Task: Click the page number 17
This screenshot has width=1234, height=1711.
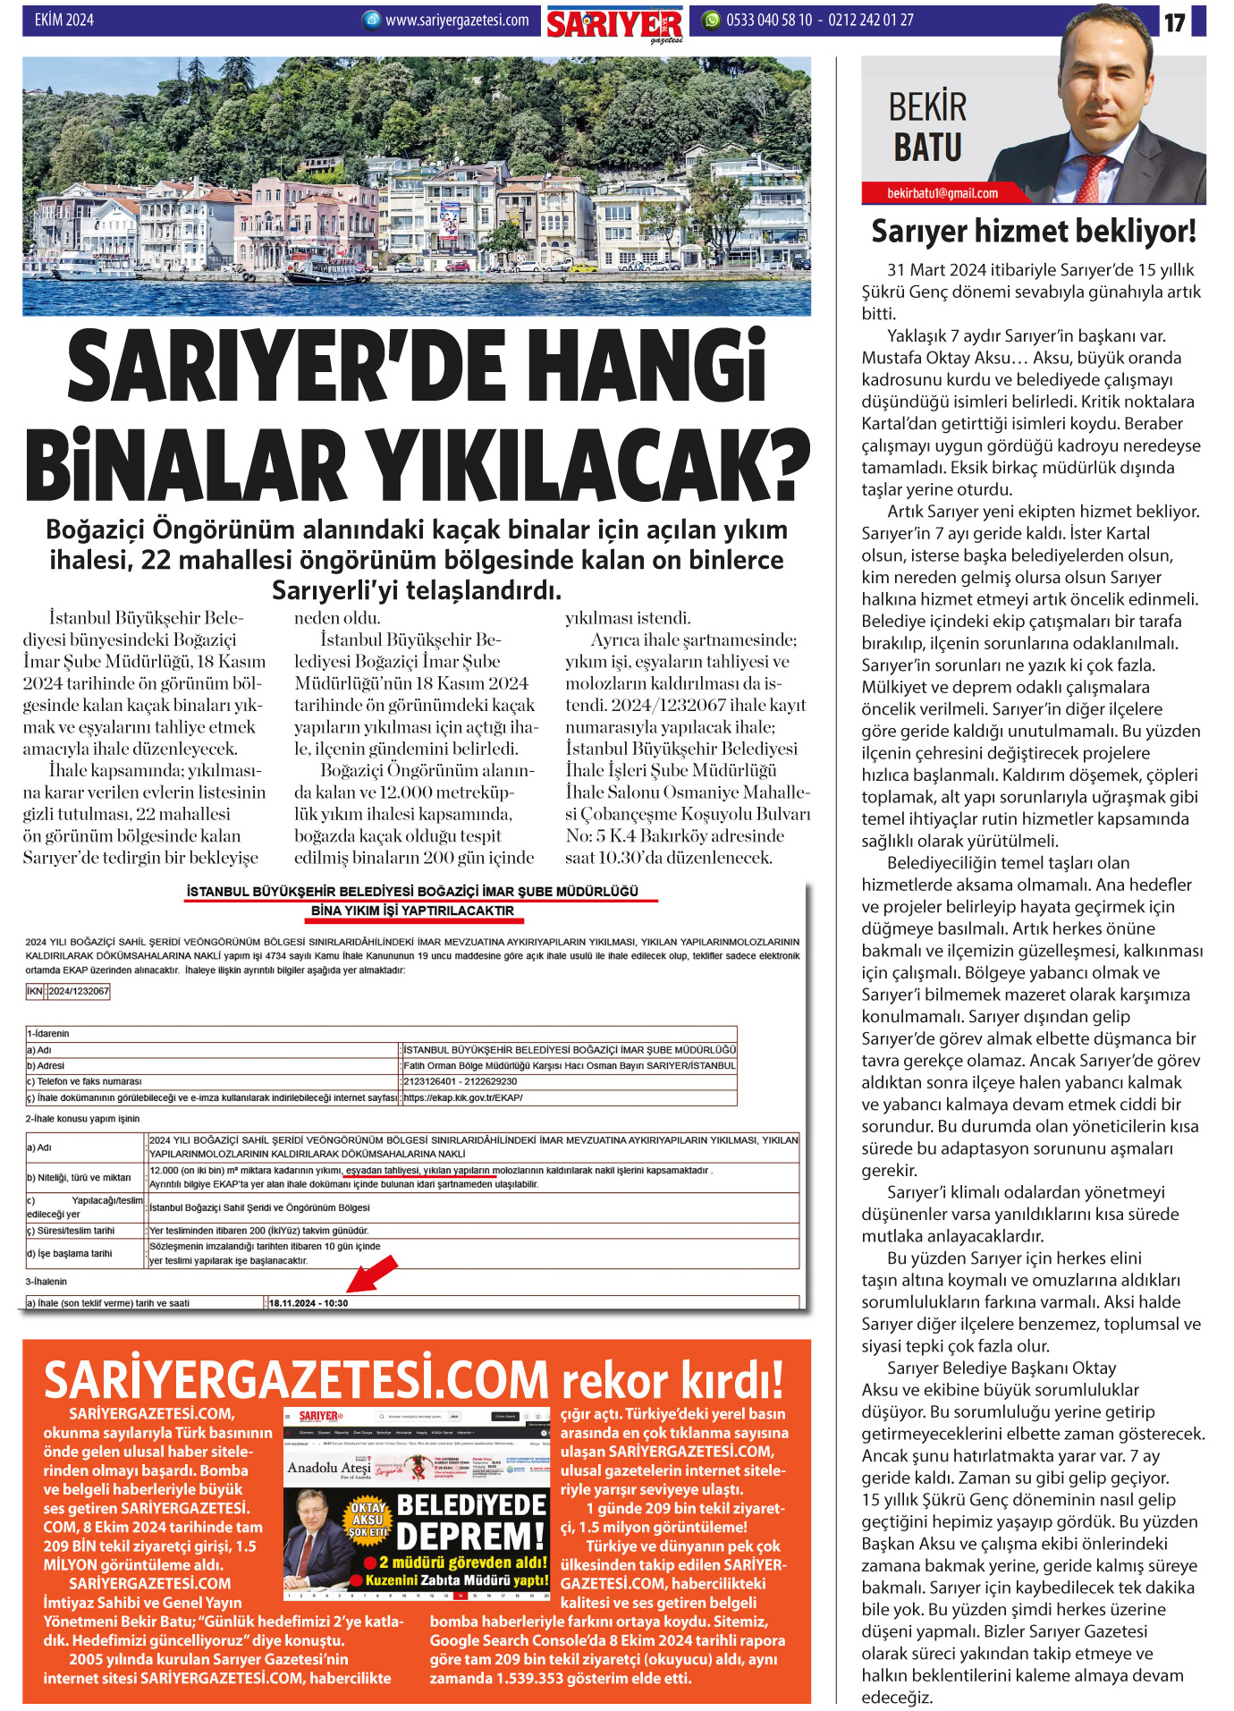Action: click(x=1173, y=22)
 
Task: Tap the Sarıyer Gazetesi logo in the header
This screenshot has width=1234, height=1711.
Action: click(x=614, y=23)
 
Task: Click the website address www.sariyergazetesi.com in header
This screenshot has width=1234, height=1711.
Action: click(x=456, y=20)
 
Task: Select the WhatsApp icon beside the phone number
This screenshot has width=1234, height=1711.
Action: click(x=711, y=20)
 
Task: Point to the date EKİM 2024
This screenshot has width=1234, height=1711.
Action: click(x=63, y=20)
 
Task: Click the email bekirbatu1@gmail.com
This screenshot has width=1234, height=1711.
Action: click(x=942, y=193)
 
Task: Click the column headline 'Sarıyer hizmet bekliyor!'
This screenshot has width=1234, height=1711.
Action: click(x=1033, y=232)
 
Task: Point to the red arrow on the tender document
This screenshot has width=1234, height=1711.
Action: click(x=370, y=1272)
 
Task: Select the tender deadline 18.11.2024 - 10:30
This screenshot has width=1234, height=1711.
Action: click(x=308, y=1303)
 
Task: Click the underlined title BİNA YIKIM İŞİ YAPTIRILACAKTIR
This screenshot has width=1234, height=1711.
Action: click(x=412, y=911)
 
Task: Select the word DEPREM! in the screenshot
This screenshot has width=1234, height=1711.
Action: click(x=470, y=1536)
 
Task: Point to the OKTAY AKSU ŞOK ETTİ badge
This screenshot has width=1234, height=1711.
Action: click(x=368, y=1520)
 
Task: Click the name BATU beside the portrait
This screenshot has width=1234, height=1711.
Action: click(x=927, y=148)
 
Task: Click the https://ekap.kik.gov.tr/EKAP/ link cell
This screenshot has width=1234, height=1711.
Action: click(x=463, y=1097)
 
